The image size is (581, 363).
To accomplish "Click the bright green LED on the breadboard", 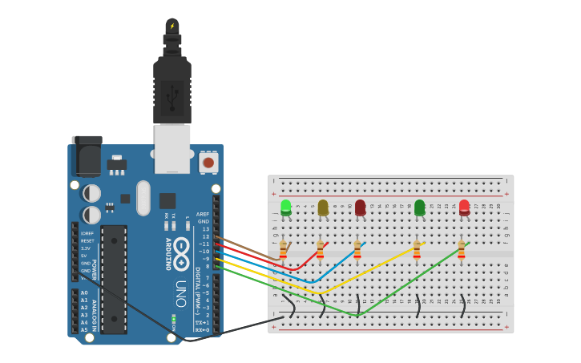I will (x=286, y=207).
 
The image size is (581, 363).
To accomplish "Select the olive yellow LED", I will (x=323, y=208).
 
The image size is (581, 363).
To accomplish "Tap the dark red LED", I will (x=360, y=208).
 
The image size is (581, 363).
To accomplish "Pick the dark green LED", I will (x=419, y=208).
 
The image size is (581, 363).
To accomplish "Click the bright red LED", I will (x=464, y=207).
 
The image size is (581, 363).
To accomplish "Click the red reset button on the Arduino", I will (x=208, y=163).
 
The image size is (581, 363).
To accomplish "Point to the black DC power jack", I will (x=87, y=156).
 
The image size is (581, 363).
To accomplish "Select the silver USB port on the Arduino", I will (x=172, y=148).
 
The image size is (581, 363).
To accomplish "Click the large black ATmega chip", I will (x=114, y=279).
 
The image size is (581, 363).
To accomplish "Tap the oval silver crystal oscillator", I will (x=143, y=197).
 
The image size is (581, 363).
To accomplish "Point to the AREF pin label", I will (x=203, y=214).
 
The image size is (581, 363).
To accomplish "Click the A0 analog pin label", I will (x=84, y=293).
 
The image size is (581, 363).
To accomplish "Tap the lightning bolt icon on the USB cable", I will (x=171, y=26).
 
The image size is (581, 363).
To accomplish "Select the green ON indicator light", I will (x=174, y=318).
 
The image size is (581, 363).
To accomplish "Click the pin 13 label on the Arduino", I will (x=205, y=229).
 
